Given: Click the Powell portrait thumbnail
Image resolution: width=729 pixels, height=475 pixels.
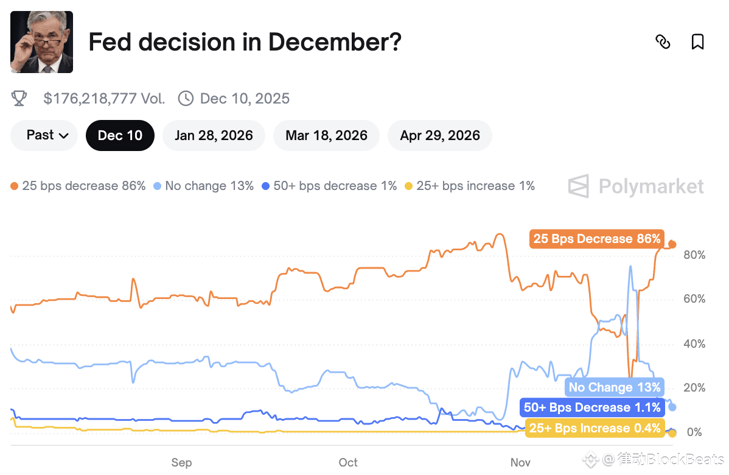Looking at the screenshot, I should click(41, 42).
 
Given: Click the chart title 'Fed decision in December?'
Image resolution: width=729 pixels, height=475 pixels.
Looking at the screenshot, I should click(245, 43).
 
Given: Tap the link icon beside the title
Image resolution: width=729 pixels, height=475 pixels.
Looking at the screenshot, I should click(663, 42).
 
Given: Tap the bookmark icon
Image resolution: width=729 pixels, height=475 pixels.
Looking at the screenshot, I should click(697, 42).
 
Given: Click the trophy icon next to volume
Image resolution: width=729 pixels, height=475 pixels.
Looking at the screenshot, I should click(19, 99).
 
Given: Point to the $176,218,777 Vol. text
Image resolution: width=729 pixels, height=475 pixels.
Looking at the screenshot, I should click(104, 99).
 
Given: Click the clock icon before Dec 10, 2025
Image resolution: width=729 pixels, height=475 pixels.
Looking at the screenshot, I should click(186, 99).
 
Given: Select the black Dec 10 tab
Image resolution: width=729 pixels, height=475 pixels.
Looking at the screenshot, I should click(120, 135).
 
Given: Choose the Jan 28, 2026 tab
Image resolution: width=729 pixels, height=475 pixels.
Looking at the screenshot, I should click(214, 135).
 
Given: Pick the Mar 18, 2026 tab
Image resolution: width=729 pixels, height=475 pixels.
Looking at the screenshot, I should click(326, 135).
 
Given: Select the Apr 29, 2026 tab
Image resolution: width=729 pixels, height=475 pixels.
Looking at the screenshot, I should click(440, 135).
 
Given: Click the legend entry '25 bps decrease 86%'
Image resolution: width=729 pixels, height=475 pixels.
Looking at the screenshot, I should click(78, 186).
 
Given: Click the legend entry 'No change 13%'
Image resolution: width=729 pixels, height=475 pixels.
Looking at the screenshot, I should click(204, 186).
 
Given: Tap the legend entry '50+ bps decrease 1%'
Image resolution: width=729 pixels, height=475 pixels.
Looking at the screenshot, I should click(329, 186).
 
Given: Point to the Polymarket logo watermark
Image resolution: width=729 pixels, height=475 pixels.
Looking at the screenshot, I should click(636, 186).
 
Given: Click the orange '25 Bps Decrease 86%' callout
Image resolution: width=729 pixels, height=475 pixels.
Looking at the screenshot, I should click(596, 239).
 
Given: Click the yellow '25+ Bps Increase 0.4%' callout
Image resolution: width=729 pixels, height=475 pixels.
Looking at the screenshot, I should click(595, 428).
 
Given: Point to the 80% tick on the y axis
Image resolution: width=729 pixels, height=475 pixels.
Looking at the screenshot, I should click(694, 255).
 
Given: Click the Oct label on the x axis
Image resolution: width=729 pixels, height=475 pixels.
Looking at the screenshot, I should click(348, 463).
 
